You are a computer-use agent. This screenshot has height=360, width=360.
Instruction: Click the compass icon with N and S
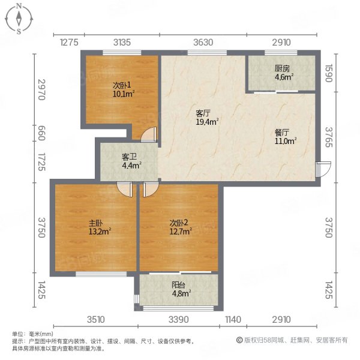[19, 18]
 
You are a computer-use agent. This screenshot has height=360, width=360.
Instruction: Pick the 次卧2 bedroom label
[180, 226]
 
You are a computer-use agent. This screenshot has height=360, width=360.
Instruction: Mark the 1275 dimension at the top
[70, 41]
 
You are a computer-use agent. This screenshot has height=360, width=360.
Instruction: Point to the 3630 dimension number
[203, 41]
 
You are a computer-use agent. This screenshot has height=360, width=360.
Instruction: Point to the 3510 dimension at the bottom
[96, 319]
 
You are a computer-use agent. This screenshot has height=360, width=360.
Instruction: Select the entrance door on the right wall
[322, 168]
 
